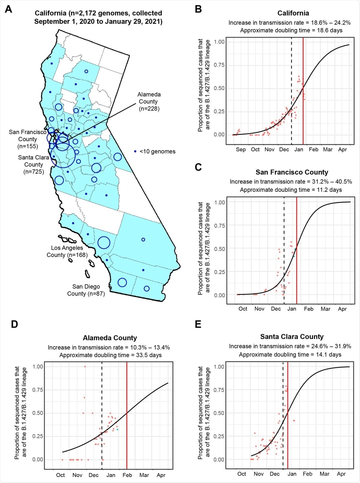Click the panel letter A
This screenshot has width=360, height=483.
[x=9, y=9]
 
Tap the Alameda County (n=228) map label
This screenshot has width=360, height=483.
[x=149, y=101]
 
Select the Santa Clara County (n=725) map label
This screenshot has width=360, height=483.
[x=34, y=165]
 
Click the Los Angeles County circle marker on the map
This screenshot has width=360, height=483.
[x=104, y=243]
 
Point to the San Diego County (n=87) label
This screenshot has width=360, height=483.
[x=86, y=290]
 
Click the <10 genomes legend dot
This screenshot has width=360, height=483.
[x=135, y=151]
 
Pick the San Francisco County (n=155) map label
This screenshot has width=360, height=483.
[x=28, y=139]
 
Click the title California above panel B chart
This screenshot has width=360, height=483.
[x=293, y=13]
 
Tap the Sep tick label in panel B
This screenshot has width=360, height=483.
[x=241, y=149]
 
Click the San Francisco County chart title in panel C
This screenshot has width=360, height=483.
[x=292, y=172]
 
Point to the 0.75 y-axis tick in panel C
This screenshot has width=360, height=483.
[x=219, y=226]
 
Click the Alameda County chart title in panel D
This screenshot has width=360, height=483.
[x=110, y=338]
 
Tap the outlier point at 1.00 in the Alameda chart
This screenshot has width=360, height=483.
[x=85, y=367]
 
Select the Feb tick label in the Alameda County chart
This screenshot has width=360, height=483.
[x=127, y=475]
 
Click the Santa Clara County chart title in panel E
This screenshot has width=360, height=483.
[x=292, y=337]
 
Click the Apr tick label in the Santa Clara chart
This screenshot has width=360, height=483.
[x=341, y=474]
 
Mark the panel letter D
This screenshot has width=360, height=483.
[x=14, y=324]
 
